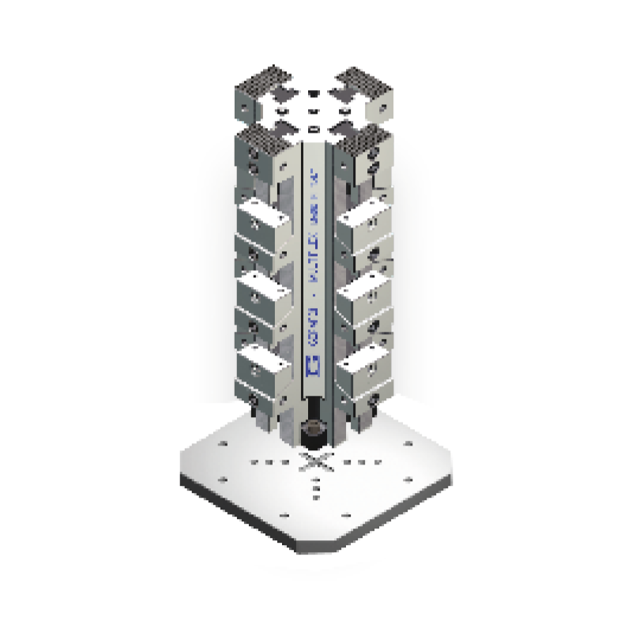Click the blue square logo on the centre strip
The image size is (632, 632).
point(310,366)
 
